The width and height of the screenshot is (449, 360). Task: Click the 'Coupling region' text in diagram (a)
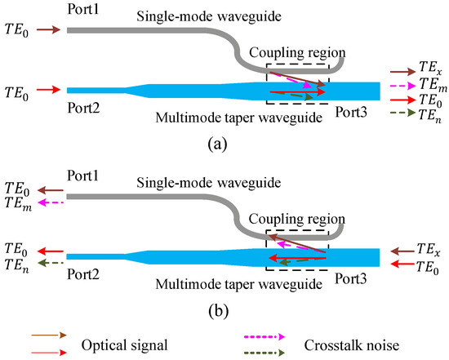297,50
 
